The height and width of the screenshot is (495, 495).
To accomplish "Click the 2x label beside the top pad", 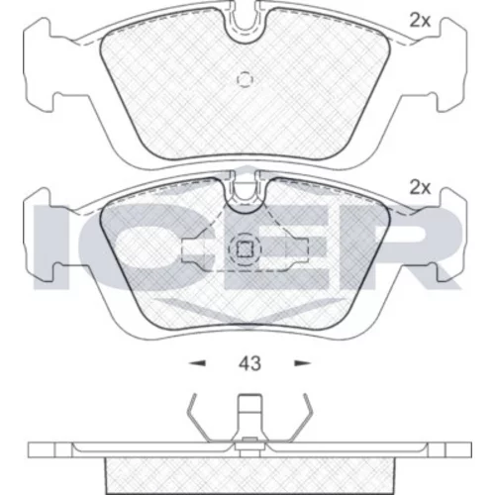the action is (420, 21).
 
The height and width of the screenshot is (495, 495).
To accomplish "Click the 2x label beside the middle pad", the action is (420, 188).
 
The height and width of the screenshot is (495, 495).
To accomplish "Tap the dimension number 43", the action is (249, 363).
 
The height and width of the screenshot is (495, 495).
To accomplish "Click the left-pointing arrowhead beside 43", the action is (197, 363).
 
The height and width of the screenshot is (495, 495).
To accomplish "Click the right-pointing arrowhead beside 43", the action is (302, 363).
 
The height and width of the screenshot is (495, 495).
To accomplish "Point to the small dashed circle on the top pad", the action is (245, 79).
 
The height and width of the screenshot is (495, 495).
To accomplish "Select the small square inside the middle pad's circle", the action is (245, 249).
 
